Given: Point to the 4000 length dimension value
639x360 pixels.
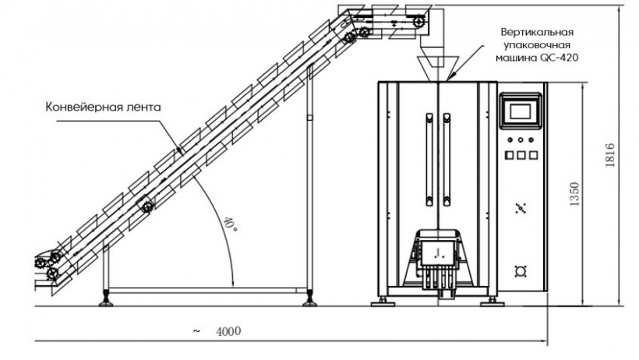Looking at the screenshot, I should coord(228,331).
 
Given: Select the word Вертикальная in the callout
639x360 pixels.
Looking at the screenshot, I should coord(537,32).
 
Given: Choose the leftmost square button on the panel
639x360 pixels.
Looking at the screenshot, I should coord(509,154).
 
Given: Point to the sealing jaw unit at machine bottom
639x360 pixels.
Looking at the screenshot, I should coord(439,253).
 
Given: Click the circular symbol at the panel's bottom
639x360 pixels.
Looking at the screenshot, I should coord(521,270).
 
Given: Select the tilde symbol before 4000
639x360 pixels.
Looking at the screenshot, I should coord(196,331).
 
